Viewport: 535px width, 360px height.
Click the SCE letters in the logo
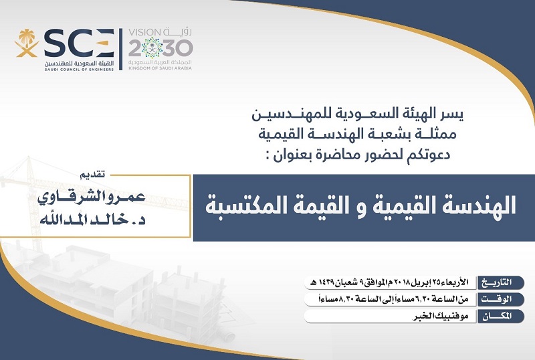tap(79, 43)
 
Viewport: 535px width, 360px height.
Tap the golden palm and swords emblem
tap(26, 43)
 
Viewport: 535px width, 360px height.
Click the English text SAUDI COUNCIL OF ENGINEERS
tap(79, 70)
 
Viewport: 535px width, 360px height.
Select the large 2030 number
tap(160, 48)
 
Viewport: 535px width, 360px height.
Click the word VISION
tap(144, 32)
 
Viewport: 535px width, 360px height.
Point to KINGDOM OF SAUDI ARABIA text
tap(160, 68)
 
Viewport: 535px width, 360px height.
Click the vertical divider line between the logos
tap(120, 50)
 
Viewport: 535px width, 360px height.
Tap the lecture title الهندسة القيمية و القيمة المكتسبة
tap(360, 205)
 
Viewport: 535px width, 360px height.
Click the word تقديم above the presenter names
tap(92, 175)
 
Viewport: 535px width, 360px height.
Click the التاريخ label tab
tap(500, 283)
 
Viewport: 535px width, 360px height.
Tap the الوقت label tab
tap(500, 299)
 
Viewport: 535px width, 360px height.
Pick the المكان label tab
tap(500, 317)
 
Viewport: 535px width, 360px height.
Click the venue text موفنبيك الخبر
tap(440, 317)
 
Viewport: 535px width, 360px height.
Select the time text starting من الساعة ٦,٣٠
tap(393, 300)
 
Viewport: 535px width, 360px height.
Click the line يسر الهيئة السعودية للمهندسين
tap(357, 114)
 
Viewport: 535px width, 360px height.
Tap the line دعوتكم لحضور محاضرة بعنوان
tap(357, 155)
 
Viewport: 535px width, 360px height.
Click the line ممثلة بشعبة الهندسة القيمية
tap(357, 134)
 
